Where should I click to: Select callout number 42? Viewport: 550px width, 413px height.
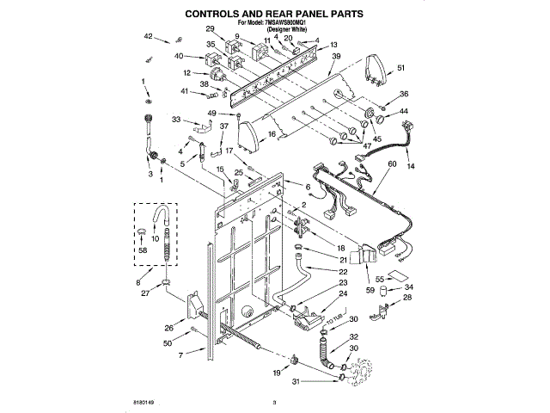tap(148, 36)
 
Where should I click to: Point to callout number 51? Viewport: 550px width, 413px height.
tap(401, 69)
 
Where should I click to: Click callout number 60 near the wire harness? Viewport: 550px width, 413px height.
tap(392, 163)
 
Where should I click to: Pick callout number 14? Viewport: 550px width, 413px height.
tap(410, 164)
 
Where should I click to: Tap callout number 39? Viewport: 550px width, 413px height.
tap(336, 57)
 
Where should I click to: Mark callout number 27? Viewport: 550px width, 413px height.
tap(146, 293)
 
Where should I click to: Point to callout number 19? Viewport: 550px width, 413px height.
tap(276, 373)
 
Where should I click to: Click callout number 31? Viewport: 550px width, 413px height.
tap(297, 381)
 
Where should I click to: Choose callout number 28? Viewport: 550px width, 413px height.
tap(408, 297)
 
